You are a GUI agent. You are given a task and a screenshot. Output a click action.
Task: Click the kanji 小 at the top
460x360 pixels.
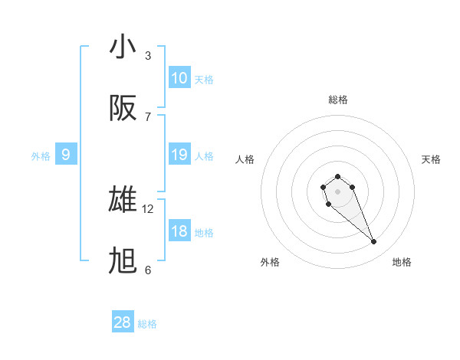(123, 47)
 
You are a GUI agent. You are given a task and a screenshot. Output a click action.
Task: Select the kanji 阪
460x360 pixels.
(123, 108)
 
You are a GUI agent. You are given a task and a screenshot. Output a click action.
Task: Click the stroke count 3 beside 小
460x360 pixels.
(148, 55)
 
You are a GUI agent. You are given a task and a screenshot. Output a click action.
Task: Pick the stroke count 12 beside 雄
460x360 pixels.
(148, 208)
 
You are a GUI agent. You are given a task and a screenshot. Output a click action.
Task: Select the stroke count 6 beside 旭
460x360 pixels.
(148, 270)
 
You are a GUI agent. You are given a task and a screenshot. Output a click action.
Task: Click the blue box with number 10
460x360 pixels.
(179, 78)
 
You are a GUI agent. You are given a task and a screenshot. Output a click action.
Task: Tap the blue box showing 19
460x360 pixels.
(179, 155)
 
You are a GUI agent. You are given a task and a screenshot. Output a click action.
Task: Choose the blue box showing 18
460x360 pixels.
(179, 231)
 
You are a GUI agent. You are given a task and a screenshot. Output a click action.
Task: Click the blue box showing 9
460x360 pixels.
(66, 155)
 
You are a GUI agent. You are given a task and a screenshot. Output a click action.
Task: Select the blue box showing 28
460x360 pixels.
(123, 322)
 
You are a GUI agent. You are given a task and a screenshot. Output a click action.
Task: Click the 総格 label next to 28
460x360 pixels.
(147, 324)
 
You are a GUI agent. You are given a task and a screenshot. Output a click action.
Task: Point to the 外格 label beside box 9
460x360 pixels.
(41, 156)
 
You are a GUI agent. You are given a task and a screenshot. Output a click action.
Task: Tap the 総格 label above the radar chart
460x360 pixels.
(338, 100)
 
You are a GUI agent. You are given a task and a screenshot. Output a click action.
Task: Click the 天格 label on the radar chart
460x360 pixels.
(431, 159)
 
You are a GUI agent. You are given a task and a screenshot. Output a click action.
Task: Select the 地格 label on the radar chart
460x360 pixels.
(402, 262)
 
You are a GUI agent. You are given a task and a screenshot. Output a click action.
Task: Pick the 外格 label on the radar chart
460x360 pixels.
(270, 262)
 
